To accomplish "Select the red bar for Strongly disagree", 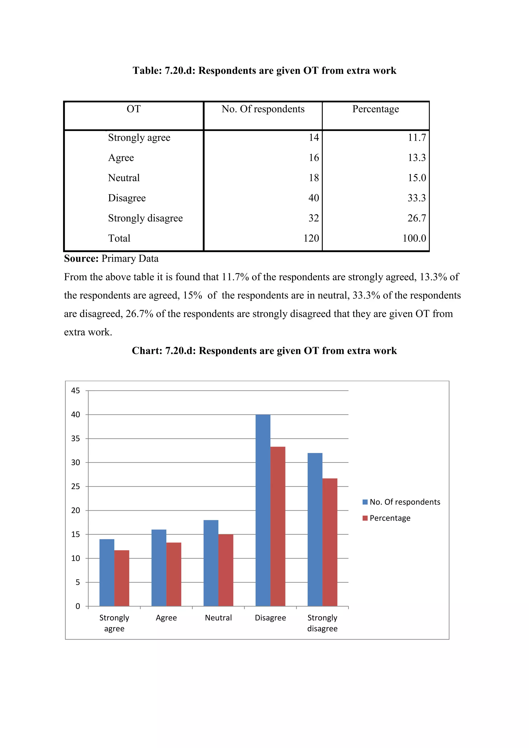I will [x=330, y=542].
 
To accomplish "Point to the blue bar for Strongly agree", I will [x=107, y=572].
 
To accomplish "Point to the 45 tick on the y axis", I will [x=76, y=391].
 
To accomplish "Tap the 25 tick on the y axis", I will [x=76, y=486].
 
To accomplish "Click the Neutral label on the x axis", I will [x=218, y=618].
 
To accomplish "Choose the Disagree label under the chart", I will [x=270, y=618].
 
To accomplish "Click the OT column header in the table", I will [x=134, y=109].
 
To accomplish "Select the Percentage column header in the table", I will [x=376, y=109].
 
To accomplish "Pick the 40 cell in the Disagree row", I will [x=314, y=198].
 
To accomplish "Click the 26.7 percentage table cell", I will [x=417, y=218].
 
